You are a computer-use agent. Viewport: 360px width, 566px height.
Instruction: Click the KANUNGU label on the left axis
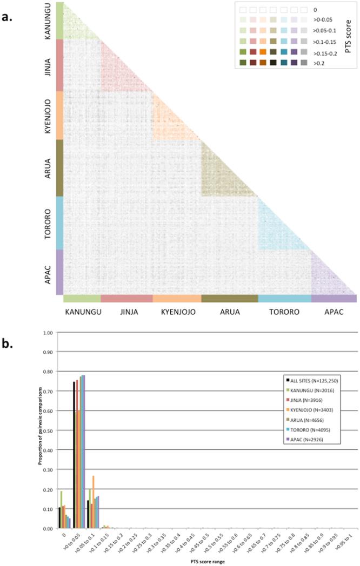(x=48, y=21)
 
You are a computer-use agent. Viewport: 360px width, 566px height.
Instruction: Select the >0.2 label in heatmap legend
(x=318, y=63)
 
